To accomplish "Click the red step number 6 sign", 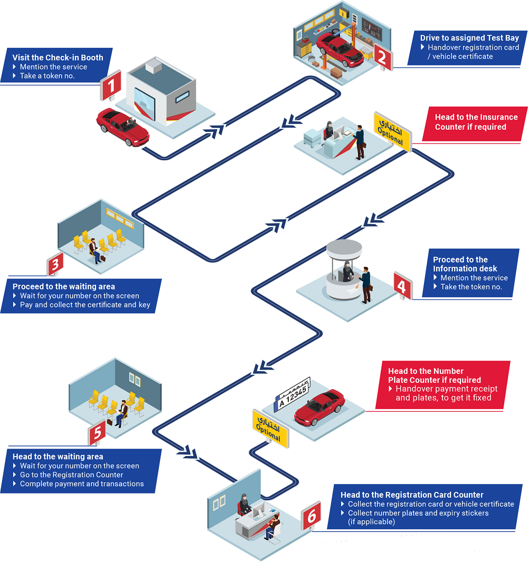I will [311, 515].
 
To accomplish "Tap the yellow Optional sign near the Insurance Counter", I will [391, 131].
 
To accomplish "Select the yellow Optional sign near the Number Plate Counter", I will [270, 428].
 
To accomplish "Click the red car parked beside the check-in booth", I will [122, 127].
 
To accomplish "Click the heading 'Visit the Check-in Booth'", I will [58, 57].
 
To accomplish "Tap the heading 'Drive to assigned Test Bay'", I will [469, 38].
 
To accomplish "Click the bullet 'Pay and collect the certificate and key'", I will [85, 305].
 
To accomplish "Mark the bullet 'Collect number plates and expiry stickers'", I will [418, 513].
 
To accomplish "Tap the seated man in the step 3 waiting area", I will [95, 250].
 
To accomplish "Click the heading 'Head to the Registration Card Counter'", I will [412, 495].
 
